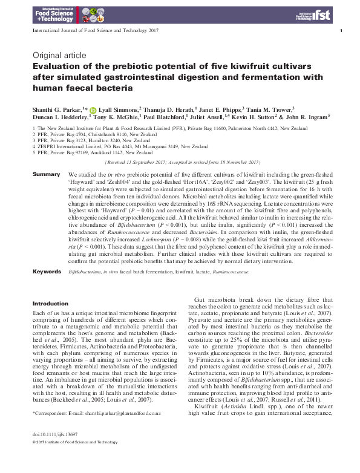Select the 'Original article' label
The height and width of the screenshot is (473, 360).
tap(52, 54)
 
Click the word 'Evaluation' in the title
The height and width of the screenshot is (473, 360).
tap(57, 66)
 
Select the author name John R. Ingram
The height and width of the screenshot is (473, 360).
tap(305, 116)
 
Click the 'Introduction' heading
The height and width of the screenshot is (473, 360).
tap(50, 303)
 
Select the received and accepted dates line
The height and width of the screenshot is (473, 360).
tap(183, 163)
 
